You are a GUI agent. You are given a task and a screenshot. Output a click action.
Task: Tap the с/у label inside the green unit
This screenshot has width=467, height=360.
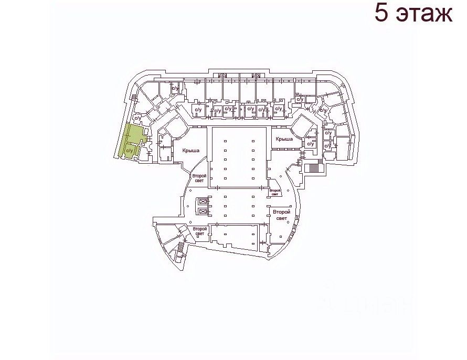pyautogui.click(x=130, y=151)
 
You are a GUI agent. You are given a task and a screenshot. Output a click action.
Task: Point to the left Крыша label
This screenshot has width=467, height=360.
pyautogui.click(x=191, y=151)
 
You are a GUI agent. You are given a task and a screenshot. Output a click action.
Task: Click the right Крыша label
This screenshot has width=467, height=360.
pyautogui.click(x=284, y=139)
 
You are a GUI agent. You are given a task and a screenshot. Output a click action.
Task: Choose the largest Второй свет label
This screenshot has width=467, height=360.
pyautogui.click(x=281, y=214)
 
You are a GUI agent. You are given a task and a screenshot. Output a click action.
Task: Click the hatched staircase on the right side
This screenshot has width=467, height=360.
pyautogui.click(x=314, y=168)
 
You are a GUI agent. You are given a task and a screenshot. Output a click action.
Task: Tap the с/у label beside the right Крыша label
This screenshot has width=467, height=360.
pyautogui.click(x=310, y=143)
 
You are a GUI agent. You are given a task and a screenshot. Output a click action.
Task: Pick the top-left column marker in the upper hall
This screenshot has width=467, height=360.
pyautogui.click(x=225, y=140)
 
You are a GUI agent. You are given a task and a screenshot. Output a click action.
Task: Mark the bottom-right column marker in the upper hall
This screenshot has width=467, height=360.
pyautogui.click(x=253, y=177)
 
